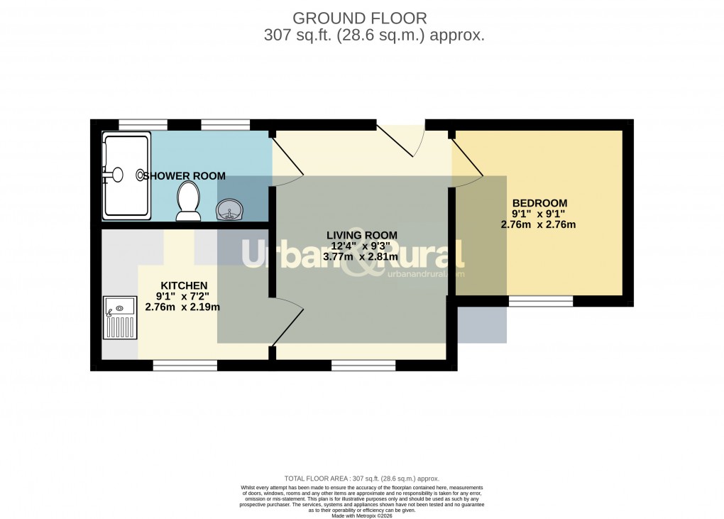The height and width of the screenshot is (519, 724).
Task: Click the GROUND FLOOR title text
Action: pos(361,17)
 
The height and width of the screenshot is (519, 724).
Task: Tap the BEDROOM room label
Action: pos(539,203)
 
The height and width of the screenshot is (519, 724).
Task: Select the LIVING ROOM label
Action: pos(361,235)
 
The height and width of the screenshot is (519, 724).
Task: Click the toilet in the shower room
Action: pos(189,198)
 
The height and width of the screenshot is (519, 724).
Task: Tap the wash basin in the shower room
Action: pos(231,209)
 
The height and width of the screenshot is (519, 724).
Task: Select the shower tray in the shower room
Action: pos(126,175)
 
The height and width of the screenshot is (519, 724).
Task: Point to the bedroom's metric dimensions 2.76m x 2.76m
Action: pos(538,225)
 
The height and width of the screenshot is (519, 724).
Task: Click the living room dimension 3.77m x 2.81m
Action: pos(361,257)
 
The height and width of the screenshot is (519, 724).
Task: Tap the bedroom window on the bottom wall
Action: pos(540,301)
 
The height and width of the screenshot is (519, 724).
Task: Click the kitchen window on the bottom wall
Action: pos(185,365)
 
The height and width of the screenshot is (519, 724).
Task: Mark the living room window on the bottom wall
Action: pos(363,365)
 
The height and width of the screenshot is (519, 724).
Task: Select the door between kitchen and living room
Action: pos(287,323)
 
